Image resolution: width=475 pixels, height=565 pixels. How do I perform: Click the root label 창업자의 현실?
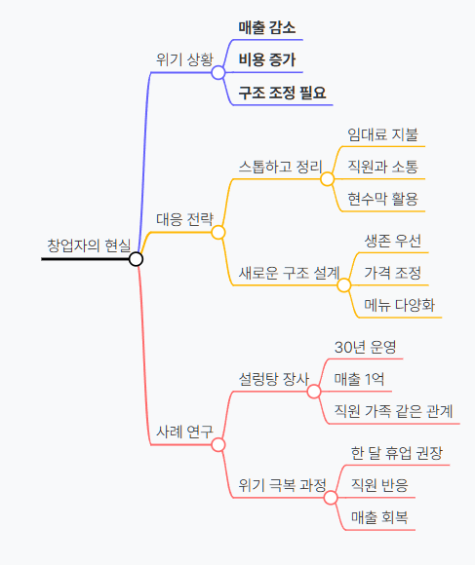coord(89,245)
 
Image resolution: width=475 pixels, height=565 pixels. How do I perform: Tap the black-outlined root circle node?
coord(136,259)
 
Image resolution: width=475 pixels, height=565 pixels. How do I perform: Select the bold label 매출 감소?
coord(267,27)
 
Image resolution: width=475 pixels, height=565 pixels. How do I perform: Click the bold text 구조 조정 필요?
coord(282,93)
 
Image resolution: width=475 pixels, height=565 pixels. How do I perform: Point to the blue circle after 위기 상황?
coord(218,72)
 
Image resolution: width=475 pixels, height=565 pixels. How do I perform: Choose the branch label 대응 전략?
coord(184,219)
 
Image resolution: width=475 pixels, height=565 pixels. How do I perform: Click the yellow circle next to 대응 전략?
coord(218,233)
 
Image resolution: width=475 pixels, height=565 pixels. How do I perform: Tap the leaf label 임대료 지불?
coord(382,134)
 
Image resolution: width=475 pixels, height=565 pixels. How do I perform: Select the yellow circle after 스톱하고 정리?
coord(327,178)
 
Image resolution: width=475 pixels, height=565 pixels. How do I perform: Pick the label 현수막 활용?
coord(382,199)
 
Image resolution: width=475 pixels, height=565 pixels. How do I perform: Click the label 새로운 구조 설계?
coord(289,273)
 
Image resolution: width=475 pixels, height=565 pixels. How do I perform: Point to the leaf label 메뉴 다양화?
coord(399,305)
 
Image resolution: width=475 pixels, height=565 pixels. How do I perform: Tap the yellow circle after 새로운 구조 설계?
coord(344,285)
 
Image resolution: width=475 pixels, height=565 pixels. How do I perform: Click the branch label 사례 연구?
coord(184,432)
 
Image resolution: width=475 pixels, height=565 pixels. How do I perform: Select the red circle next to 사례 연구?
coord(218,444)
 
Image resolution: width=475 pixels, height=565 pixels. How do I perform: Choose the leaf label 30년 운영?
coord(366,347)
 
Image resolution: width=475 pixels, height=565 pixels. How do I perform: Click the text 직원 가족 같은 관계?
coord(393,411)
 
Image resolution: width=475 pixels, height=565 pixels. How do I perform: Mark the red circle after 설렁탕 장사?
coord(314,392)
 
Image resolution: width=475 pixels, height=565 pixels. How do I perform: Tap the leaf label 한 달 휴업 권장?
coord(396,453)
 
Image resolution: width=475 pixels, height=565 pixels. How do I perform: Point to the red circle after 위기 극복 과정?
coord(331,498)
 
